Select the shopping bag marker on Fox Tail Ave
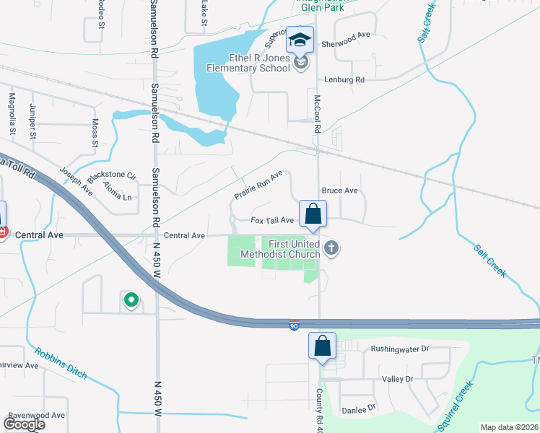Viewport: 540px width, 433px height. pos(313,214)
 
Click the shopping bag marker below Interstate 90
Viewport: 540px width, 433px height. pos(322,346)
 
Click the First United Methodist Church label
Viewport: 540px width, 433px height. pos(295,249)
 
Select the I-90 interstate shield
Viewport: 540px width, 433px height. pos(294,325)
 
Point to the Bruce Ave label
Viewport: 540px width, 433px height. pos(339,191)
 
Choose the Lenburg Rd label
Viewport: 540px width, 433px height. pos(345,79)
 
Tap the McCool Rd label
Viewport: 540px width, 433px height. pos(316,114)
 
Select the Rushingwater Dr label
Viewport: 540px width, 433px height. pos(399,349)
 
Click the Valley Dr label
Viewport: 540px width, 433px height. pos(397,379)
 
